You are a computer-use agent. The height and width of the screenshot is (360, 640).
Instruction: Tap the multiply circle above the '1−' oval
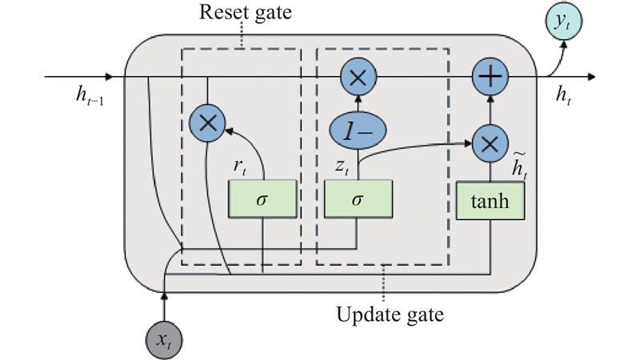click(x=358, y=78)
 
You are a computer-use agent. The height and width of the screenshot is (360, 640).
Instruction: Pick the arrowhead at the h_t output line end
click(x=592, y=78)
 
